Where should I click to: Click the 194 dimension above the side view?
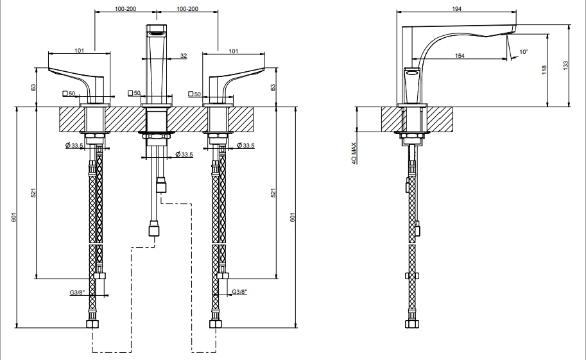tap(457, 8)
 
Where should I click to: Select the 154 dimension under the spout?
tap(460, 56)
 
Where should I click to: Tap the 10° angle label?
tap(524, 52)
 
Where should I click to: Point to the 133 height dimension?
tap(565, 65)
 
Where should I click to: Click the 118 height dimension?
tap(544, 70)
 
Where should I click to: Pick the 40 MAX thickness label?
tap(354, 153)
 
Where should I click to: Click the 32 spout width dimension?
tap(184, 56)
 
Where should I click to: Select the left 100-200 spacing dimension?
tap(126, 8)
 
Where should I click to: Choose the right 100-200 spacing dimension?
tap(187, 8)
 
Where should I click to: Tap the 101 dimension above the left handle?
tap(79, 51)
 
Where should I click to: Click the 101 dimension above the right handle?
tap(233, 51)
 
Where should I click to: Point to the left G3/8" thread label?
tap(78, 293)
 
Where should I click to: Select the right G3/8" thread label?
tap(239, 292)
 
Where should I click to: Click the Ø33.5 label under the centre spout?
tap(184, 154)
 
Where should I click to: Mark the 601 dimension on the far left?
tap(14, 217)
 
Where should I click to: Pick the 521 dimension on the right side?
tap(273, 193)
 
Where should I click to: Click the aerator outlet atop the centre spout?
tap(156, 33)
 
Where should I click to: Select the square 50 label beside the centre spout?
tap(134, 93)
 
